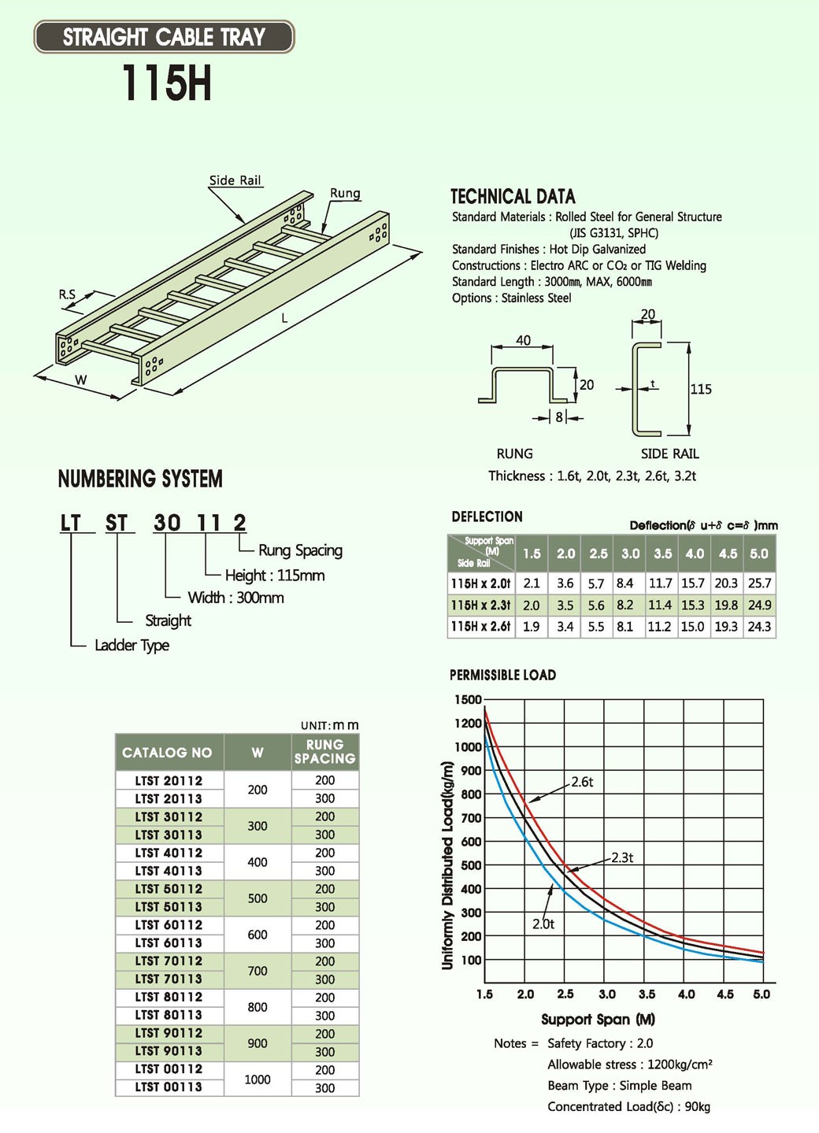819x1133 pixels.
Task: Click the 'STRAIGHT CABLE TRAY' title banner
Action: pyautogui.click(x=164, y=37)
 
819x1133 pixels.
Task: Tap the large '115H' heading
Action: pyautogui.click(x=166, y=83)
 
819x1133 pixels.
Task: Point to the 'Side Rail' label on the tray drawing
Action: pyautogui.click(x=235, y=180)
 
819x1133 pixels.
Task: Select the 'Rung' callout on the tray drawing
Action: pyautogui.click(x=345, y=193)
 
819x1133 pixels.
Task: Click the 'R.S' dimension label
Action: pyautogui.click(x=68, y=294)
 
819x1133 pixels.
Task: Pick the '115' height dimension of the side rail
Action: pyautogui.click(x=701, y=389)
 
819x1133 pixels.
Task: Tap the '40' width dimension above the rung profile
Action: pyautogui.click(x=523, y=341)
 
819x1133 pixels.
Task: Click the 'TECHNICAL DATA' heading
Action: pyautogui.click(x=513, y=197)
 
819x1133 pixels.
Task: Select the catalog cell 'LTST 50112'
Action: pyautogui.click(x=169, y=889)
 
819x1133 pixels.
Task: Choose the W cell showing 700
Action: pyautogui.click(x=258, y=971)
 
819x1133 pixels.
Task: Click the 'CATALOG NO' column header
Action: pyautogui.click(x=167, y=753)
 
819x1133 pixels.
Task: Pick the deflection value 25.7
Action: pyautogui.click(x=759, y=583)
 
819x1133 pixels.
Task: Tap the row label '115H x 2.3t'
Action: pyautogui.click(x=480, y=605)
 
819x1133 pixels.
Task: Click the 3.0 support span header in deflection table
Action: pyautogui.click(x=630, y=554)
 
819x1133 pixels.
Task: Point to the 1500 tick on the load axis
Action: pyautogui.click(x=468, y=699)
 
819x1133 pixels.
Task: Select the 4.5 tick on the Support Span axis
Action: pyautogui.click(x=725, y=994)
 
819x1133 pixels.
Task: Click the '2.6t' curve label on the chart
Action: pyautogui.click(x=582, y=782)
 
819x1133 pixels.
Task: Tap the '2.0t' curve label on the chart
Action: pyautogui.click(x=543, y=924)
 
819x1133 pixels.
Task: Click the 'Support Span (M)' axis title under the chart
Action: pyautogui.click(x=598, y=1020)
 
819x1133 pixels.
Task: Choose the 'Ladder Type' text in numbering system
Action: pyautogui.click(x=132, y=646)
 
